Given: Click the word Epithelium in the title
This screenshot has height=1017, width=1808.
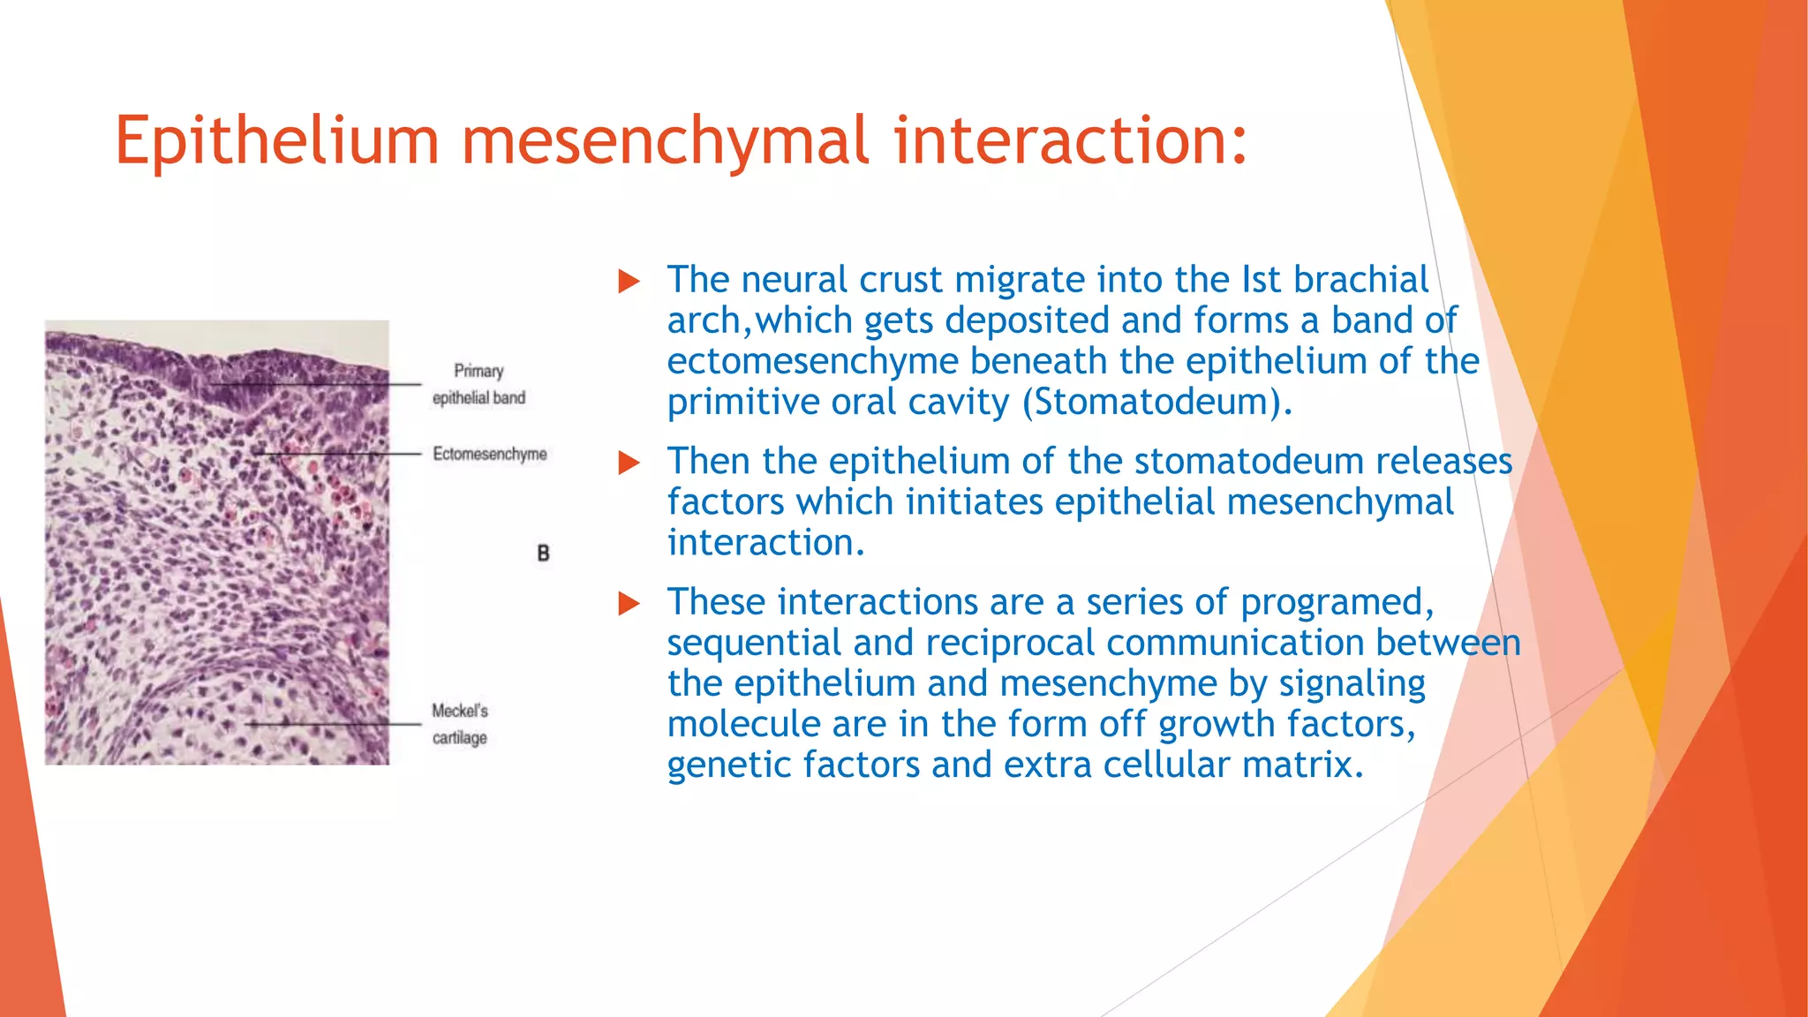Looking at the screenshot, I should [x=276, y=141].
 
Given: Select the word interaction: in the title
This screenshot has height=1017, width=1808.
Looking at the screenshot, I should [x=1070, y=141].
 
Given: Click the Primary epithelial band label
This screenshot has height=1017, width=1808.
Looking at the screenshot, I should [x=478, y=384].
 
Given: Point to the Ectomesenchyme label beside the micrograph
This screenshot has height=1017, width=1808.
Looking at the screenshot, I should [x=489, y=454].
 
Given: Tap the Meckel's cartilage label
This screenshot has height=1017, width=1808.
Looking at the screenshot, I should [x=459, y=724].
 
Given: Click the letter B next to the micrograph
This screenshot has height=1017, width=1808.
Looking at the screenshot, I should [x=543, y=554].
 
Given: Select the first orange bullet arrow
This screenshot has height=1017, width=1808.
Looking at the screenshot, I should [x=629, y=282].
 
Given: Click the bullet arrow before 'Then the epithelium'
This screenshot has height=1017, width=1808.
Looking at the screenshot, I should [x=629, y=463].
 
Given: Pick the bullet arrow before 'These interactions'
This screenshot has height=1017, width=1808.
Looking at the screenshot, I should [x=629, y=604].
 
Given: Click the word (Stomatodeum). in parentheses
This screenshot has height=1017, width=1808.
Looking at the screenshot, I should [x=1156, y=403].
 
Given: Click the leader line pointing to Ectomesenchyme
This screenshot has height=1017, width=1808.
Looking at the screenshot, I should [x=344, y=454].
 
